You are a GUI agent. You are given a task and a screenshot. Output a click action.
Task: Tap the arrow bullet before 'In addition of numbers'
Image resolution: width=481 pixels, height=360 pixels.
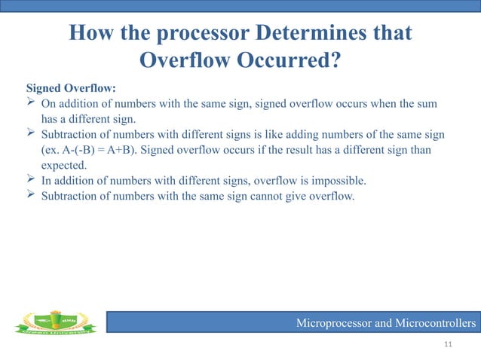31,182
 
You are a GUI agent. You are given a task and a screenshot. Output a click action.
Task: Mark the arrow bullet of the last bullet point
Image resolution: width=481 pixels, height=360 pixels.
31,197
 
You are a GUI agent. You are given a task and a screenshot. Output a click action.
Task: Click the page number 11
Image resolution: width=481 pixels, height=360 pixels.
449,345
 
